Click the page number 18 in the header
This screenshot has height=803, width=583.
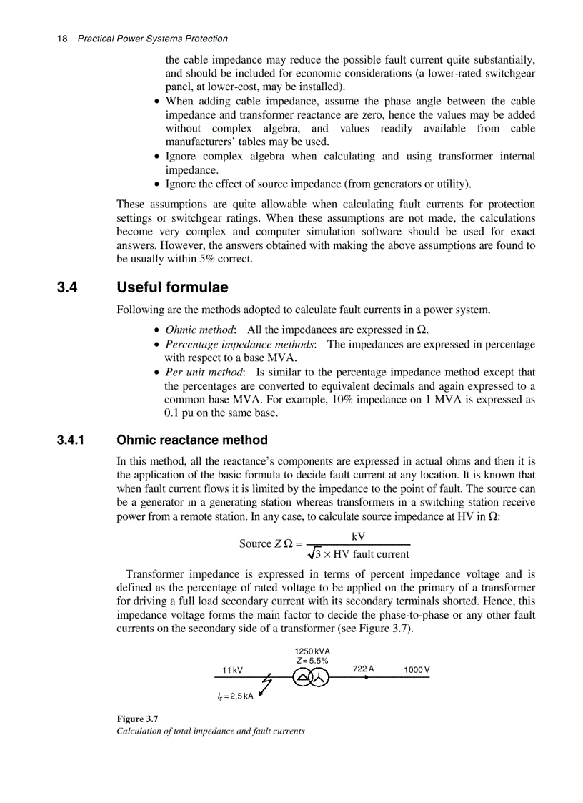tap(61, 39)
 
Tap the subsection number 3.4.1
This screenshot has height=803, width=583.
tap(71, 440)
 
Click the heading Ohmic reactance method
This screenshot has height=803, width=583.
tap(192, 440)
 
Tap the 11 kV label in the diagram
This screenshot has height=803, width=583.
tap(232, 671)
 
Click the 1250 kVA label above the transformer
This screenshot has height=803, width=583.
tap(312, 651)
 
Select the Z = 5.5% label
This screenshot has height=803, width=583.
tap(312, 661)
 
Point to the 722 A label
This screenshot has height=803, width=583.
tap(363, 669)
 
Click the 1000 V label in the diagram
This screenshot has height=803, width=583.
tap(417, 670)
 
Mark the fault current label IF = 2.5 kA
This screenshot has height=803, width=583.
tap(235, 695)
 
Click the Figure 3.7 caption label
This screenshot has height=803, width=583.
tap(137, 718)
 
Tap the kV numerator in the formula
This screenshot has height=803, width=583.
tap(359, 536)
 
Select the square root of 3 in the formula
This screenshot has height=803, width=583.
tap(314, 553)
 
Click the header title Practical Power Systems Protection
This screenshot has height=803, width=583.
tap(152, 39)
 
